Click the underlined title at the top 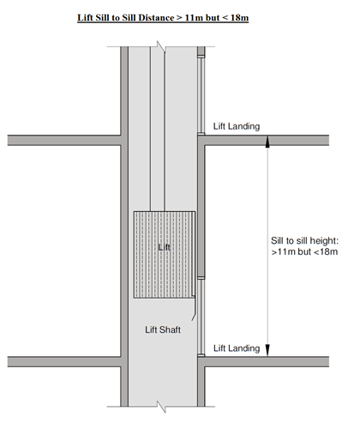click(x=163, y=18)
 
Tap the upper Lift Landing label click(x=237, y=126)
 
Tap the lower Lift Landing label click(x=237, y=348)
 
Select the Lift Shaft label click(x=163, y=329)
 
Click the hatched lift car click(x=165, y=255)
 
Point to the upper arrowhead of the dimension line click(x=267, y=142)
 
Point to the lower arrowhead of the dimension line click(x=267, y=350)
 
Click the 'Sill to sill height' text click(x=304, y=240)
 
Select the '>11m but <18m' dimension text click(x=304, y=251)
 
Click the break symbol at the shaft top click(x=161, y=46)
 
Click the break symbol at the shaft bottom click(x=161, y=407)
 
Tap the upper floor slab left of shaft click(x=64, y=141)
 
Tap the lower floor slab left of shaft click(x=64, y=362)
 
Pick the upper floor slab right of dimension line click(x=299, y=141)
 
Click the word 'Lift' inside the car click(x=165, y=247)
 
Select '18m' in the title click(x=239, y=18)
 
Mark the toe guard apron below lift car click(x=194, y=308)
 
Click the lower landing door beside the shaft click(x=201, y=317)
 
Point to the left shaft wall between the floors click(x=124, y=251)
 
